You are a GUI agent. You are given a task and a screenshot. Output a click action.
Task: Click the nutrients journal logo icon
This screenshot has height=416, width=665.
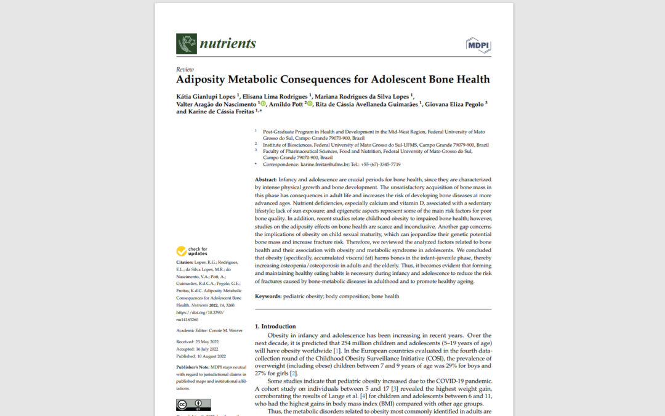pos(187,44)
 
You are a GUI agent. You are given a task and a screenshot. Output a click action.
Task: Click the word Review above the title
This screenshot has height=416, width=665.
pos(185,70)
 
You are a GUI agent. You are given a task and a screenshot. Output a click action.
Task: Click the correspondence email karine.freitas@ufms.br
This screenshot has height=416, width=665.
pos(323,165)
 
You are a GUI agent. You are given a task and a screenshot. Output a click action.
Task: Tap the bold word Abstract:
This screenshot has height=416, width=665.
pos(267,179)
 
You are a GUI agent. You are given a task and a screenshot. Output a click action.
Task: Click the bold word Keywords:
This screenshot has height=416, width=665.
pos(268,296)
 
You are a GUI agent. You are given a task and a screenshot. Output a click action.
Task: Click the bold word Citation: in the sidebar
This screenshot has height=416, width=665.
pos(187,263)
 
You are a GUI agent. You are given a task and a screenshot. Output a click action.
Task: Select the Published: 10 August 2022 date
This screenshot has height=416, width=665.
pos(201,357)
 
